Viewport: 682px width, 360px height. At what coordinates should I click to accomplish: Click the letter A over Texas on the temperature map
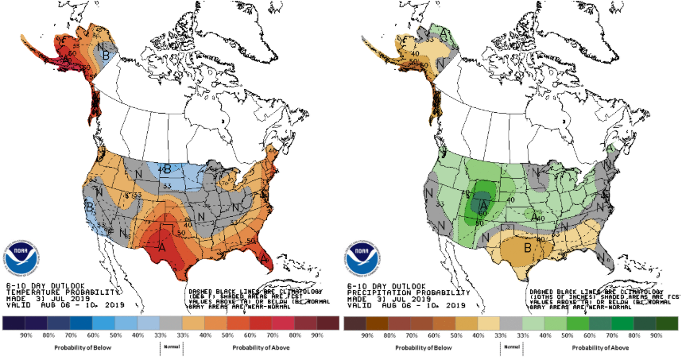163,247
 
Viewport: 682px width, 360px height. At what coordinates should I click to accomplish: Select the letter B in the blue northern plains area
166,168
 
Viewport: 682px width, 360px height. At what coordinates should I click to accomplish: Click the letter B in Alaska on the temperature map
101,54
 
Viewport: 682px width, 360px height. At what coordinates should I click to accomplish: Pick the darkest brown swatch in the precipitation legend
355,323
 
